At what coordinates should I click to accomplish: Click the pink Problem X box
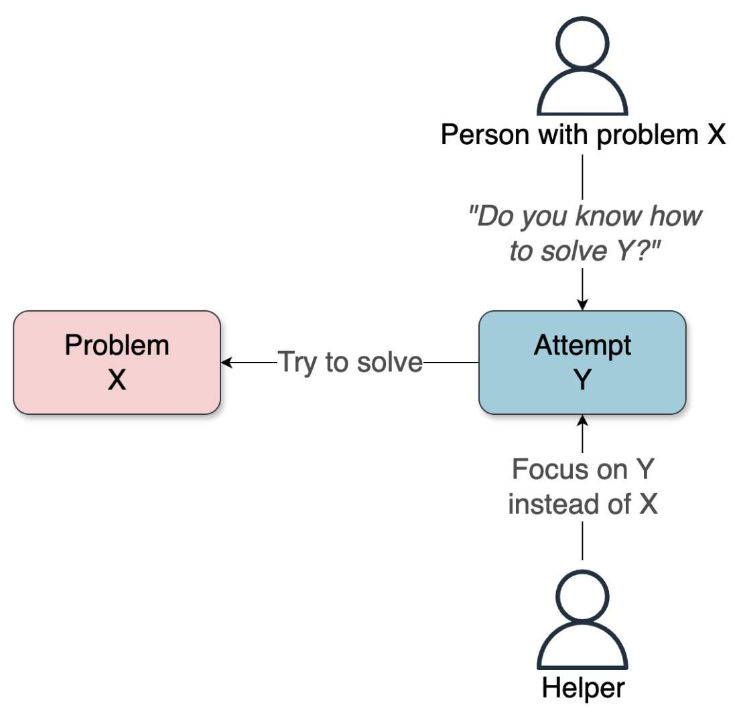(117, 363)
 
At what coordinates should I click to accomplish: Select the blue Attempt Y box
(582, 363)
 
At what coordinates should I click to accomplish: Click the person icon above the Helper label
(582, 627)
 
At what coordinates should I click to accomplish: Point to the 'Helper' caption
(582, 688)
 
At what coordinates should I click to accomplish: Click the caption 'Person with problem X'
(582, 135)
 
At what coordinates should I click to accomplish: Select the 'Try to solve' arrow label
(350, 363)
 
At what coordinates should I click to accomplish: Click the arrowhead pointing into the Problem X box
(226, 363)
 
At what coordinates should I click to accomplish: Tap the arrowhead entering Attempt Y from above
(582, 306)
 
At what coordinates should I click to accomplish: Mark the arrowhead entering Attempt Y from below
(582, 420)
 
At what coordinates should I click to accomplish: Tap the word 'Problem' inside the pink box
(117, 345)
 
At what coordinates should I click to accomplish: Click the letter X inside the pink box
(117, 380)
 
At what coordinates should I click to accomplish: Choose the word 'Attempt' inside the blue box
(582, 345)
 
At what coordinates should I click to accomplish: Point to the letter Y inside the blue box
(582, 380)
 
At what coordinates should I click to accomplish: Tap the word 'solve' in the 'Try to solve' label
(391, 363)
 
